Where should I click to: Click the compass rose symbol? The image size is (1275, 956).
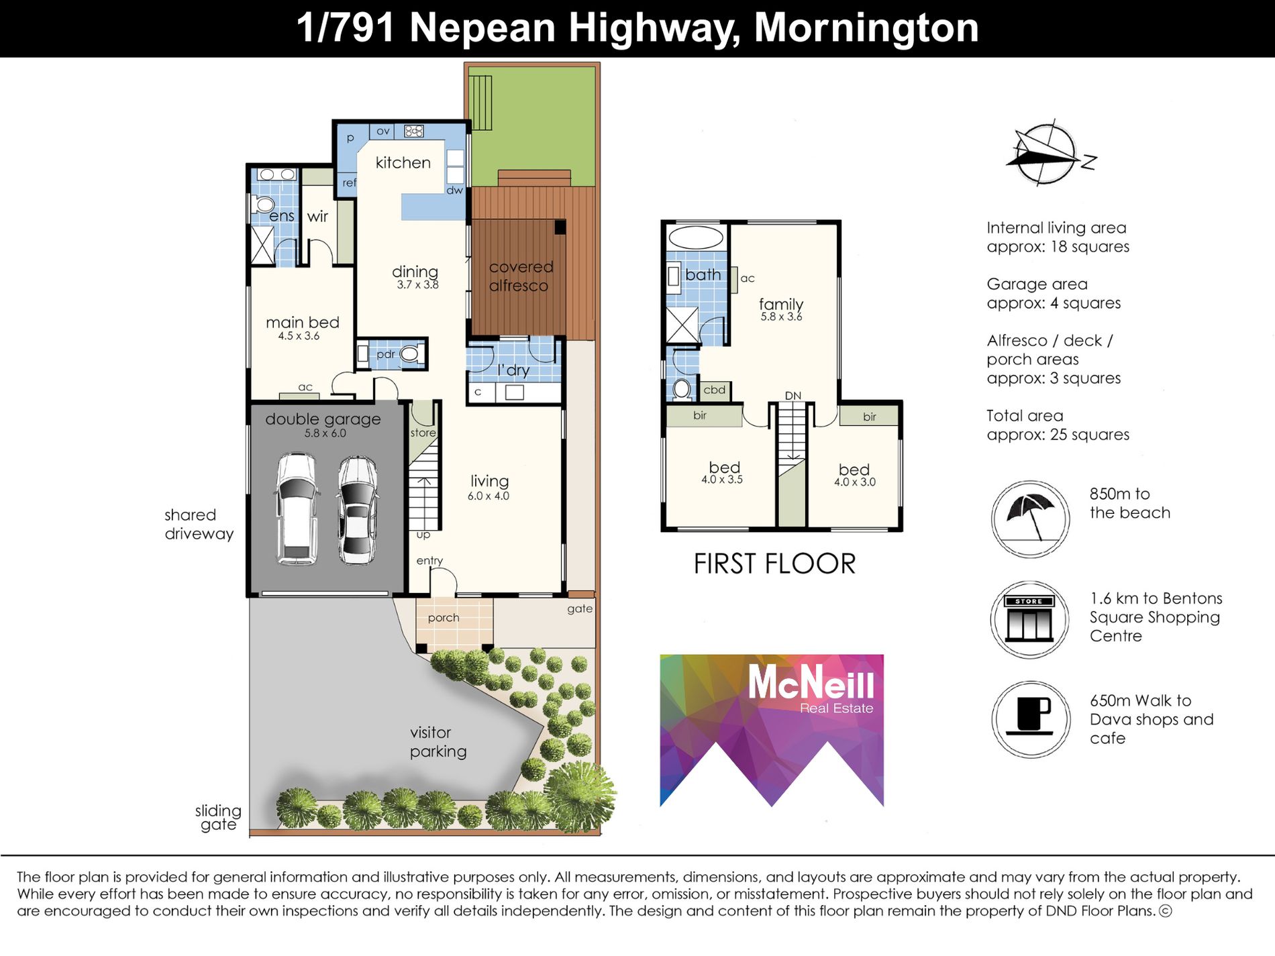pos(1045,154)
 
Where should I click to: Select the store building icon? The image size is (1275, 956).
pos(1029,619)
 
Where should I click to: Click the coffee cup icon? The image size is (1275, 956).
pos(1031,718)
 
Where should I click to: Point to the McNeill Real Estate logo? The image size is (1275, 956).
pos(772,729)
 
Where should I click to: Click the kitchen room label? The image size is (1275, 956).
pos(403,162)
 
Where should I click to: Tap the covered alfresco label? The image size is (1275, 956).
pos(520,276)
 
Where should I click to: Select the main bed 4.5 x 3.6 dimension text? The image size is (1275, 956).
pos(299,336)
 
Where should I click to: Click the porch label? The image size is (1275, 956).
pos(444,617)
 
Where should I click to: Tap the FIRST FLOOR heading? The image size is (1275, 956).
pos(774,564)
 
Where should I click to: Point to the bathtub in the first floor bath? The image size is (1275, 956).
pos(695,237)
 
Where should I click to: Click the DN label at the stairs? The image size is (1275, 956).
pos(793,396)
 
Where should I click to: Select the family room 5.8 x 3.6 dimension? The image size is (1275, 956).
pos(781,317)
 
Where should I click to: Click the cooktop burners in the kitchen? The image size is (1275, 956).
pos(414,131)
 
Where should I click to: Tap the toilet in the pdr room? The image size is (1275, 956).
pos(409,354)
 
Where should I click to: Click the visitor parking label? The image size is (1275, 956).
pos(438,741)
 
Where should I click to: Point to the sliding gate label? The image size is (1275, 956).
pos(218,817)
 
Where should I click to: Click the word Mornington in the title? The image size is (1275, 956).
pos(866,28)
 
